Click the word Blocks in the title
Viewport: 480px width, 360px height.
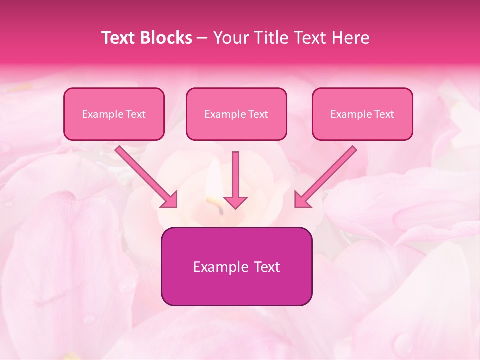coord(166,38)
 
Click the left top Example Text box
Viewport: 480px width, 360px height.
coord(114,114)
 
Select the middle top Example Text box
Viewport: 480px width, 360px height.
coord(236,114)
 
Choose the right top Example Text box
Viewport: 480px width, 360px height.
coord(362,114)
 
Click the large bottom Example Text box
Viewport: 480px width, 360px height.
coord(236,266)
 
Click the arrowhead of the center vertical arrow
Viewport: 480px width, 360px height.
coord(235,202)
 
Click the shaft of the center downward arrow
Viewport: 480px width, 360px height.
coord(235,172)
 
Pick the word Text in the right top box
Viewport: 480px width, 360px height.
coord(384,114)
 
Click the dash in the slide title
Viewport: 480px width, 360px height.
coord(202,38)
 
